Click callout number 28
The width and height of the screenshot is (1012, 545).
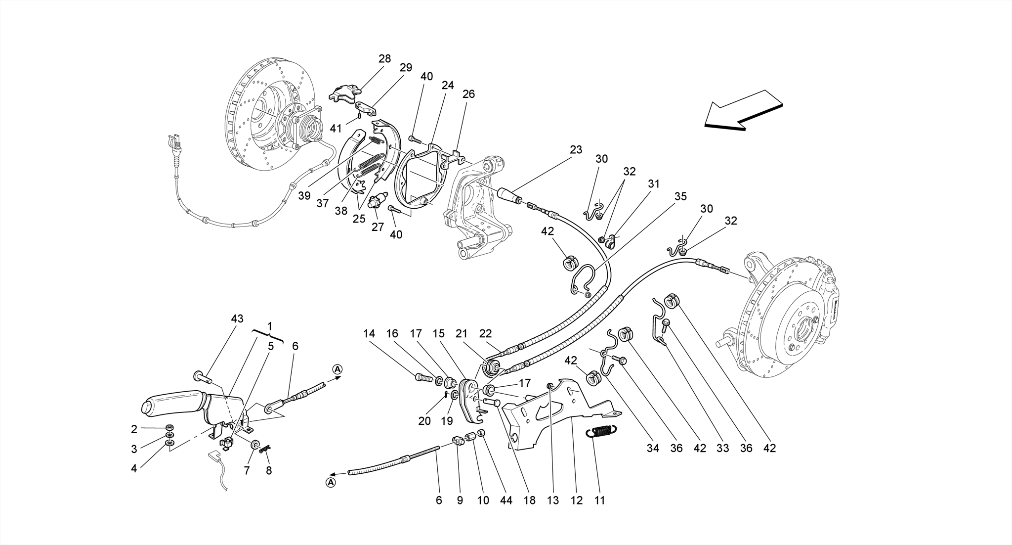point(384,59)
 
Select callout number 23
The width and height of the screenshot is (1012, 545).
point(576,149)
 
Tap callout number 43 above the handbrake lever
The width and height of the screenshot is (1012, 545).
point(237,319)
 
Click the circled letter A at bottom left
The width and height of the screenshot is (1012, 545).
point(330,482)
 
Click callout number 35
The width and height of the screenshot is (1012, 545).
point(680,196)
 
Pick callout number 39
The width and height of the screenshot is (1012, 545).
point(304,196)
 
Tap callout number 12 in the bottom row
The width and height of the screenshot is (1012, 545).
point(577,500)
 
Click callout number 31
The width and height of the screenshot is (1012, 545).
point(654,184)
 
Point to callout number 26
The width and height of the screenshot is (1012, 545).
point(468,94)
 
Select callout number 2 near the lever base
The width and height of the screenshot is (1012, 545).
point(134,428)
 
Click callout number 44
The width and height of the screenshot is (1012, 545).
point(506,500)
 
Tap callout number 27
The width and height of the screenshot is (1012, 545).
point(378,227)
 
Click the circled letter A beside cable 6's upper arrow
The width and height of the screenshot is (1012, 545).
point(337,369)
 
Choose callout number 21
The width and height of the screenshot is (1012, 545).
point(462,334)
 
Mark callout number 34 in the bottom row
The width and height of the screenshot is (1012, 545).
point(653,449)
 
